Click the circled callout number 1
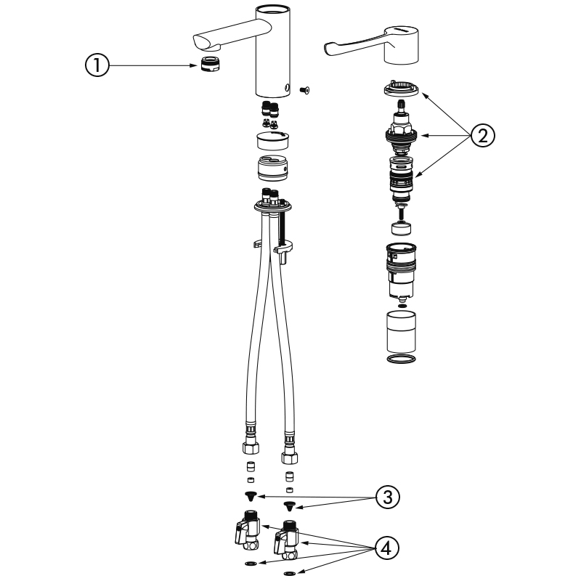click(97, 65)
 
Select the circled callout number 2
click(483, 136)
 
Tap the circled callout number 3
click(388, 497)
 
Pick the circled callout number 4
click(387, 548)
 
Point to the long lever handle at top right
click(372, 44)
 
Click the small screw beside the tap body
click(304, 89)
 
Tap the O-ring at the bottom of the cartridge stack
click(401, 358)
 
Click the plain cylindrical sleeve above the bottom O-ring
click(401, 332)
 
